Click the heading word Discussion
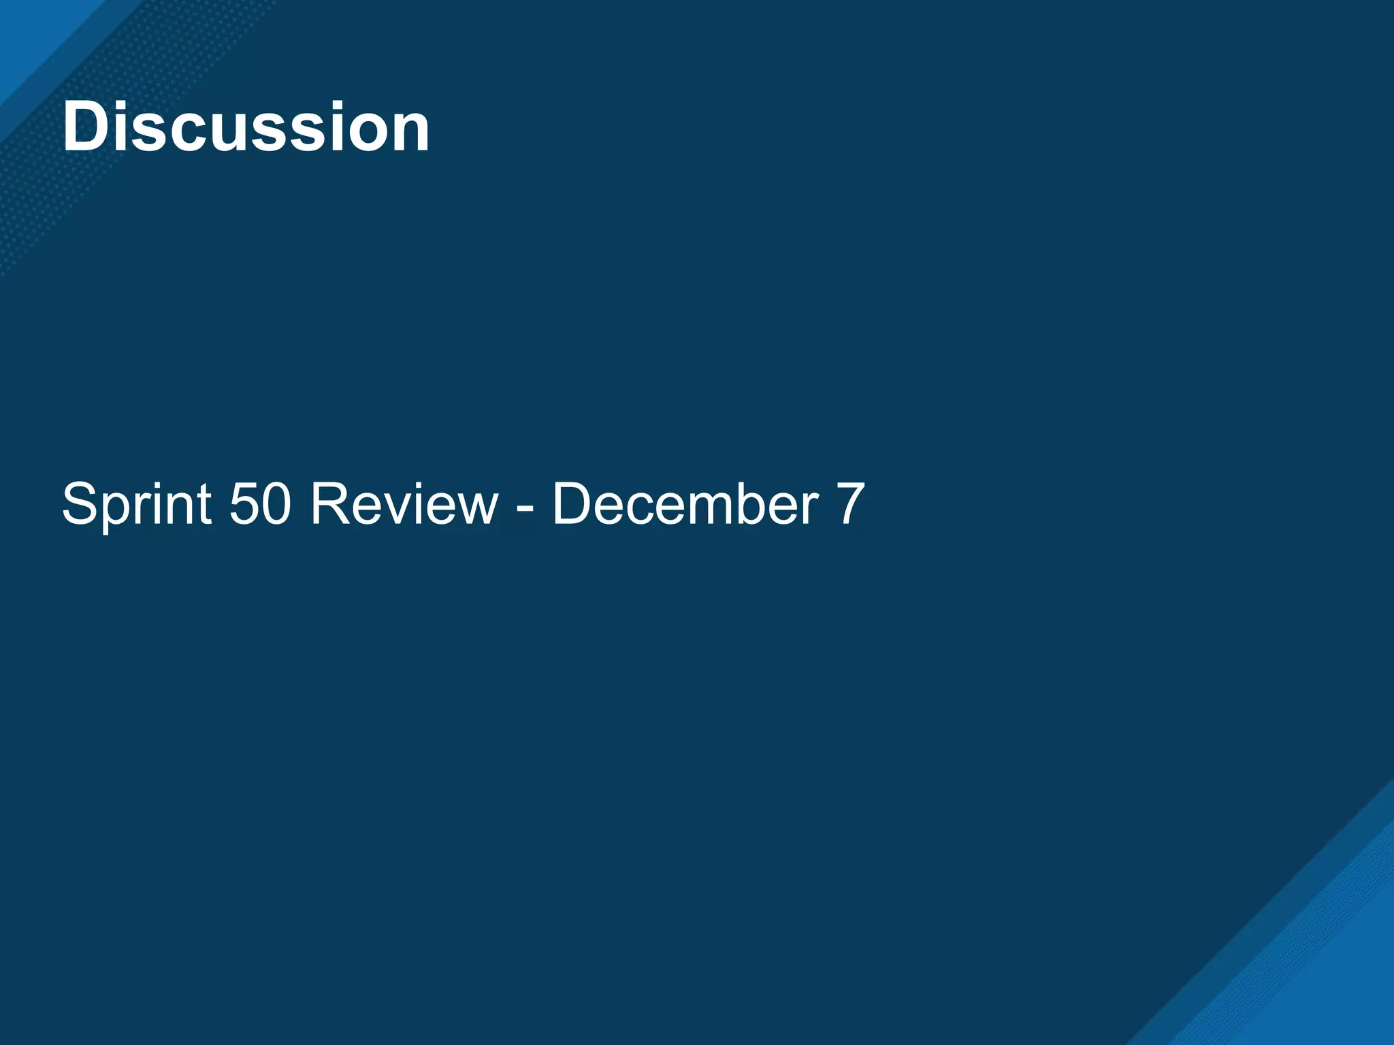(246, 127)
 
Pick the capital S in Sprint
(80, 504)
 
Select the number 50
(261, 504)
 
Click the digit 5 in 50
(244, 504)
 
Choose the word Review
(404, 504)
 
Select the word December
(685, 504)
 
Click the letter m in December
(708, 509)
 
